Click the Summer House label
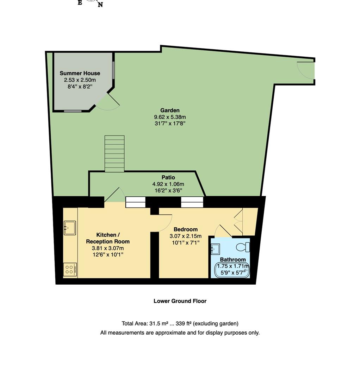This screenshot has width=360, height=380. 80,73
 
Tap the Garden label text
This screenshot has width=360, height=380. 170,110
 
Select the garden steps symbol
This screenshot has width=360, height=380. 114,154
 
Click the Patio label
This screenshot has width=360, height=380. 168,178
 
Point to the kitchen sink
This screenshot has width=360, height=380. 70,228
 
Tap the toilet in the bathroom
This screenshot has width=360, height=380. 243,247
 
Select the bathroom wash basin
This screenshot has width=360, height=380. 215,249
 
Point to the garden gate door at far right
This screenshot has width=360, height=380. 305,71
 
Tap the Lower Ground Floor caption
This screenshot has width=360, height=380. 180,301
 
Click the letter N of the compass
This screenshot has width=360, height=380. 100,5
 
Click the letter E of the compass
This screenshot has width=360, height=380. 80,2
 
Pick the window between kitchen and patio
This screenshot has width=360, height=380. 136,202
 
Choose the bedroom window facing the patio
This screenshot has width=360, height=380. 192,202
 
